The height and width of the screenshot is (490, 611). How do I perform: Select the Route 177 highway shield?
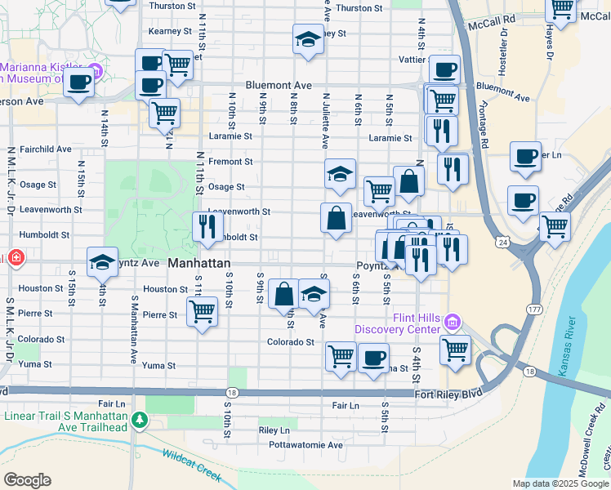tap(534, 310)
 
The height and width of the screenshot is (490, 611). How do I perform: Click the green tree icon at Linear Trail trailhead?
tap(140, 421)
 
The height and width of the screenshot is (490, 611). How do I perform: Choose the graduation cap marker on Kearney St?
tap(308, 38)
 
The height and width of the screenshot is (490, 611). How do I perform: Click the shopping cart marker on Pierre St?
tap(202, 310)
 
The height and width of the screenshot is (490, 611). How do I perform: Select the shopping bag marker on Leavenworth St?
tap(336, 217)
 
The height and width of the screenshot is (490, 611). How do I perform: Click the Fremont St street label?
tap(230, 162)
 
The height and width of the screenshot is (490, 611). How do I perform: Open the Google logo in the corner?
tap(27, 480)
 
